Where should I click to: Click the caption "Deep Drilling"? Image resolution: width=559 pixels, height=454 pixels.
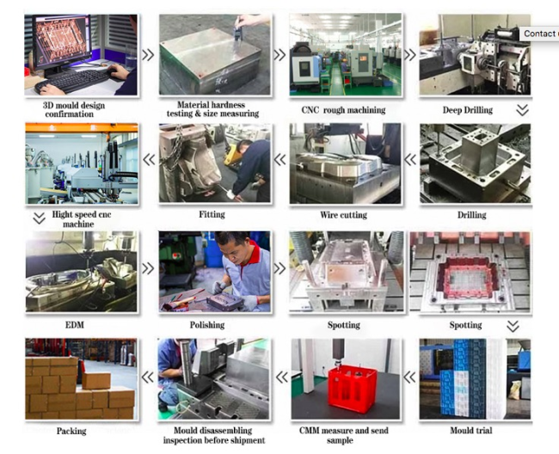(x=467, y=110)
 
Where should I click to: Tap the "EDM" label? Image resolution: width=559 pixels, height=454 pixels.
(x=75, y=325)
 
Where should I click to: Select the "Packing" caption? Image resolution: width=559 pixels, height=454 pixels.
(x=71, y=431)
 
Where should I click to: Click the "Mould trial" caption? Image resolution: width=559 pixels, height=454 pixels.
(x=471, y=430)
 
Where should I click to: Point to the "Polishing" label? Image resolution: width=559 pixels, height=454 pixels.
(x=207, y=325)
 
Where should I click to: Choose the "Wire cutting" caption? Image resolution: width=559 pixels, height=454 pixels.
(x=343, y=215)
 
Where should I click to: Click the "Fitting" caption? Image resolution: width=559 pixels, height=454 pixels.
(x=212, y=214)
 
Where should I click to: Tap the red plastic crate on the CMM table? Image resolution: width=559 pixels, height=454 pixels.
(x=353, y=389)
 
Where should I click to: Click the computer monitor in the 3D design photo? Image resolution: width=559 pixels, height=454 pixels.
(x=61, y=42)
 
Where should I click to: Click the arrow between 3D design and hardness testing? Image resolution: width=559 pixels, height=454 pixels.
(x=148, y=54)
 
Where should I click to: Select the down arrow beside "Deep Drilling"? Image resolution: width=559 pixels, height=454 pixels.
(x=522, y=110)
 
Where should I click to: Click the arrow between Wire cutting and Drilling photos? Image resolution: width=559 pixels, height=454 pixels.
(x=410, y=159)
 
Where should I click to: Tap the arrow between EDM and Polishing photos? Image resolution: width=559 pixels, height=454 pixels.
(x=148, y=268)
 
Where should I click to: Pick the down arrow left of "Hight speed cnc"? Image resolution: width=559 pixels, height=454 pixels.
(x=39, y=218)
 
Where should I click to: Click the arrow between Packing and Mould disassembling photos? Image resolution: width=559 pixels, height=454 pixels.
(x=148, y=377)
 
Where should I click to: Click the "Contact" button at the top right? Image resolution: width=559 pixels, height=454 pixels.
(x=539, y=34)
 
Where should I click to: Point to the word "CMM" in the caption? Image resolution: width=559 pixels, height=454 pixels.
(x=309, y=431)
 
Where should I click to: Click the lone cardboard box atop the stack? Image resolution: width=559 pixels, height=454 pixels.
(x=96, y=380)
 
